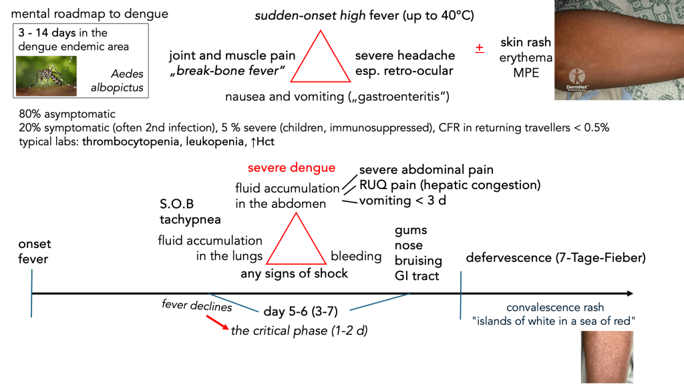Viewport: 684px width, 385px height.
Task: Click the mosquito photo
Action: pyautogui.click(x=46, y=76)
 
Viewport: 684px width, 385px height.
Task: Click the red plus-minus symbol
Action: pyautogui.click(x=480, y=48)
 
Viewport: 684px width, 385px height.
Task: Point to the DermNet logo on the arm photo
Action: pyautogui.click(x=578, y=80)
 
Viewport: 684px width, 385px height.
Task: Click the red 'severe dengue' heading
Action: pyautogui.click(x=291, y=168)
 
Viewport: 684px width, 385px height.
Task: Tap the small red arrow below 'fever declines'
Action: pyautogui.click(x=216, y=322)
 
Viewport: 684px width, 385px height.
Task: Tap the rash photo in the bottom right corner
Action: pyautogui.click(x=605, y=356)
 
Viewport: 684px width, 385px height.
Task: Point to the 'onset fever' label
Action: pyautogui.click(x=34, y=251)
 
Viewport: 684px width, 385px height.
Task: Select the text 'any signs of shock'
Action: pyautogui.click(x=294, y=273)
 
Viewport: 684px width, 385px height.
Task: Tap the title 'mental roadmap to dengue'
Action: pyautogui.click(x=90, y=13)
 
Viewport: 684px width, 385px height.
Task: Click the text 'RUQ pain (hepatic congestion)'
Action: pyautogui.click(x=450, y=184)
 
